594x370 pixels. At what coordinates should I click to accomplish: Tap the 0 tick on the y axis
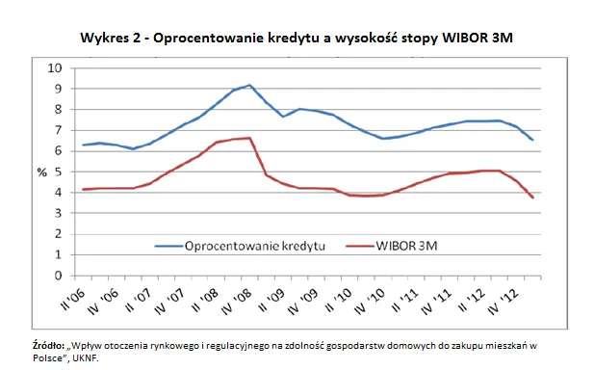pyautogui.click(x=58, y=277)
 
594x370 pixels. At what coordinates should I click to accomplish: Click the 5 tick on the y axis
pyautogui.click(x=58, y=172)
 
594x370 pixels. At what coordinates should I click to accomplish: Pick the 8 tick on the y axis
pyautogui.click(x=58, y=110)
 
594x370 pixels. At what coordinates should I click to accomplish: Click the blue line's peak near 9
pyautogui.click(x=249, y=85)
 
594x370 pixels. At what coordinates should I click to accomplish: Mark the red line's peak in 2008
pyautogui.click(x=249, y=138)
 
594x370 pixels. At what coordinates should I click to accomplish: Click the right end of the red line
pyautogui.click(x=533, y=198)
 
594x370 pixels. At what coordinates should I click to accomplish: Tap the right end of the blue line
pyautogui.click(x=533, y=140)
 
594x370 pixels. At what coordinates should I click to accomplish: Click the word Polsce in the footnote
pyautogui.click(x=51, y=357)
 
